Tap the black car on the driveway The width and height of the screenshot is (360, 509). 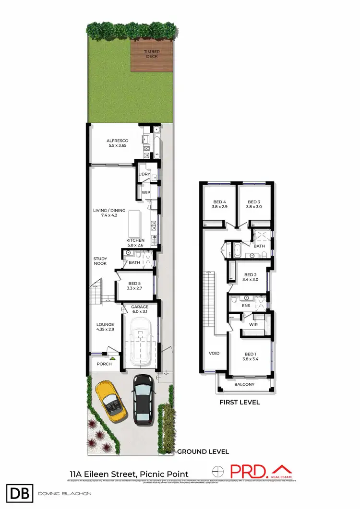(143, 399)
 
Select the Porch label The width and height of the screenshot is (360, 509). (104, 364)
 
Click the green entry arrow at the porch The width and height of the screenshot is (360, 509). (113, 358)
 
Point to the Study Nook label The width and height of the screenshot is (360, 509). (100, 261)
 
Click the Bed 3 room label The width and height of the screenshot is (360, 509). (253, 204)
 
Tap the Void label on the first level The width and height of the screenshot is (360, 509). (214, 354)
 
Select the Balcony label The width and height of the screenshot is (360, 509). (244, 385)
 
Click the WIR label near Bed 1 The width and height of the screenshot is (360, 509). (253, 325)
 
